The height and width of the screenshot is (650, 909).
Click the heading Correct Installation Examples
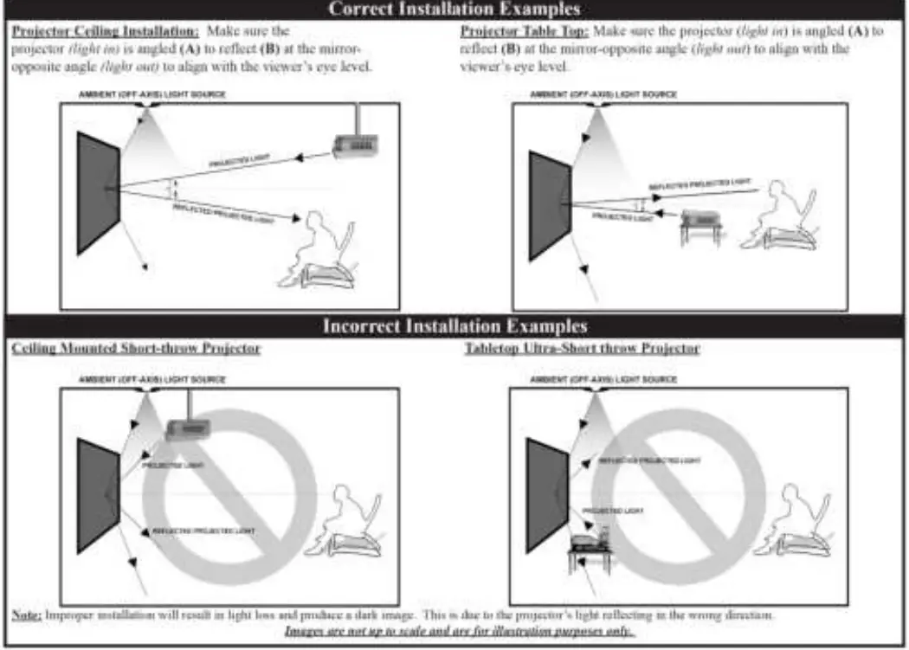455,10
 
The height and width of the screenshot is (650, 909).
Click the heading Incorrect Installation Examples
455,326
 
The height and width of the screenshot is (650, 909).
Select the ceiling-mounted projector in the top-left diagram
356,144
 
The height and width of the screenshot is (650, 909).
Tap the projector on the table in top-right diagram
699,220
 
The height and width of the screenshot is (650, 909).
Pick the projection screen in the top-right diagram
549,205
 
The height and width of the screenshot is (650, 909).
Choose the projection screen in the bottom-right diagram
546,494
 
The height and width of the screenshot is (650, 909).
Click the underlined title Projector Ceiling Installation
105,30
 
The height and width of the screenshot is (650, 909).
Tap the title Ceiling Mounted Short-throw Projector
136,348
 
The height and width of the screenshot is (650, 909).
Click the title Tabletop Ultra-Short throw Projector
582,348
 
